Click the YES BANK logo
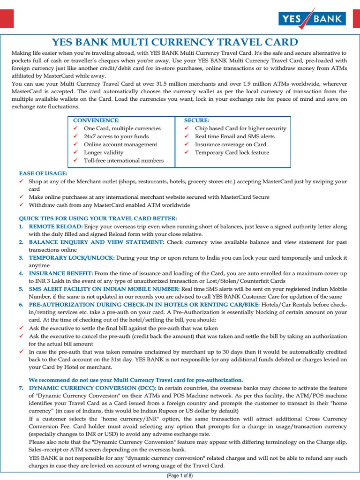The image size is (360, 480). click(312, 19)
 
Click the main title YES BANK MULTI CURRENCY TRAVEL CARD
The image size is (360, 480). click(174, 42)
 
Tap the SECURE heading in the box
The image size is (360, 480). click(196, 120)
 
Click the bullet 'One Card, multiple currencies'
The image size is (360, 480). click(122, 128)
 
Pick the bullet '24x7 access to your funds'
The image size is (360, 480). click(116, 136)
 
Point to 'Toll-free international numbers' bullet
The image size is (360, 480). click(123, 160)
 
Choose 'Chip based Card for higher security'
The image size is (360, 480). click(240, 128)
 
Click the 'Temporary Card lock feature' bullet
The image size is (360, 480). click(232, 152)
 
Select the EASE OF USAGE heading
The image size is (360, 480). click(43, 173)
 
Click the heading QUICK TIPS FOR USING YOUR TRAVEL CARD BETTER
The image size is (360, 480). click(97, 218)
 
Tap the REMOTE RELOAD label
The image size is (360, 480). click(56, 226)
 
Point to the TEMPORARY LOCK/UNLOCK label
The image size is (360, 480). click(72, 258)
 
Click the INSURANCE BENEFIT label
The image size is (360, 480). click(61, 273)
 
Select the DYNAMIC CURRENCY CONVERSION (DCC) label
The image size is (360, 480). click(92, 388)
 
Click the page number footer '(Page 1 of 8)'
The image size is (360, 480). click(180, 476)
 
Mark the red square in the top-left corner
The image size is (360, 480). click(7, 19)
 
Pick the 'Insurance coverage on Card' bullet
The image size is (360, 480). click(230, 144)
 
